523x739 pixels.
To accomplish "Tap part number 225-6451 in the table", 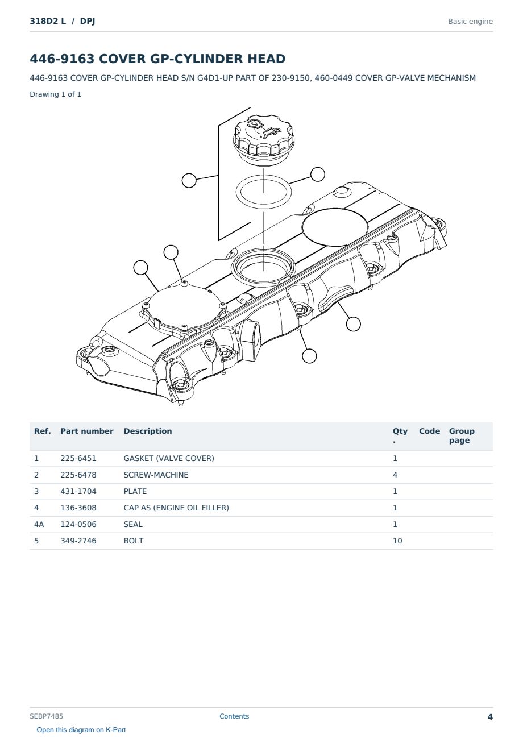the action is click(x=78, y=459).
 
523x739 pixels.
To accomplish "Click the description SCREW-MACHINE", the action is click(x=156, y=475).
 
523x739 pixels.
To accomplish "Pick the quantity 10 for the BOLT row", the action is click(x=397, y=541).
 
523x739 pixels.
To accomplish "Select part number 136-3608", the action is click(x=78, y=508).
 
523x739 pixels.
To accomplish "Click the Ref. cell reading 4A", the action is click(x=39, y=525).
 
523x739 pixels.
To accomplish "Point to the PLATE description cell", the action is click(x=135, y=492).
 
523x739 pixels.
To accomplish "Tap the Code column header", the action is click(x=429, y=431).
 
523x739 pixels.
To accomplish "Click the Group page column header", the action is click(x=462, y=436).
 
